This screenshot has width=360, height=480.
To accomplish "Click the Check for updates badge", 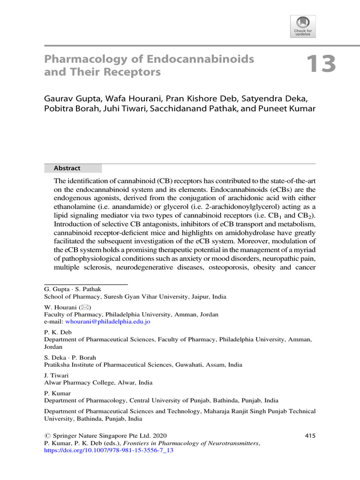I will [303, 26].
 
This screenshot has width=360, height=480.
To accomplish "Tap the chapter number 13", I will [321, 64].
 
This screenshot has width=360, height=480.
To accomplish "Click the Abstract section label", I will [67, 168].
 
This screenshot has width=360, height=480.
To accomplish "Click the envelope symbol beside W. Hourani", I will [85, 307].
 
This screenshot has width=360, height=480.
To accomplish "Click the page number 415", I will [310, 435].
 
